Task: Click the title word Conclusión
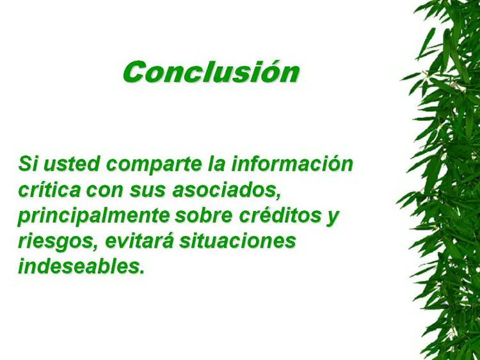(211, 72)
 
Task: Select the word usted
(72, 164)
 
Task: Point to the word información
(292, 164)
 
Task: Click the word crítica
(49, 190)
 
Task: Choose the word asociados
(227, 191)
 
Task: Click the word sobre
(204, 215)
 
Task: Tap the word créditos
(280, 215)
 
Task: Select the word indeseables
(81, 267)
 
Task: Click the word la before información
(217, 164)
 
